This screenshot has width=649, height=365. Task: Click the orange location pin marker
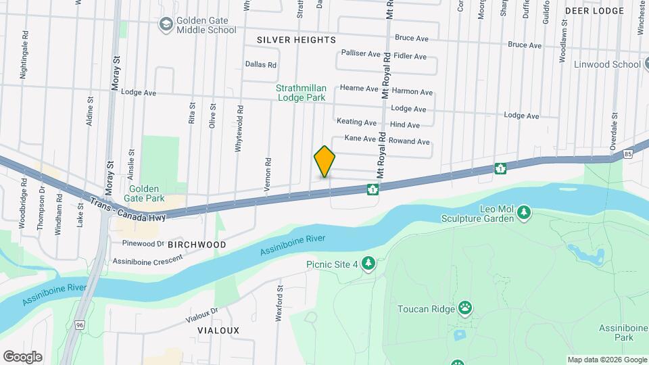point(324,162)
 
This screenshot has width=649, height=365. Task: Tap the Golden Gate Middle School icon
point(165,24)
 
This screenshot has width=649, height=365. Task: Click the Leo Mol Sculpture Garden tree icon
point(524,213)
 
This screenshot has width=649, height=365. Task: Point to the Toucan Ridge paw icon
point(465,308)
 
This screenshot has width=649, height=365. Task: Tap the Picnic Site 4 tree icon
point(368,263)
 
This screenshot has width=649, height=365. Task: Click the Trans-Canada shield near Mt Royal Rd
point(372,189)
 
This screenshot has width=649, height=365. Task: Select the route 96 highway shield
point(80,325)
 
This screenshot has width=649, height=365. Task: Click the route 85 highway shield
point(628,154)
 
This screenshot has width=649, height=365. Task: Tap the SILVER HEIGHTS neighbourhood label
point(296,41)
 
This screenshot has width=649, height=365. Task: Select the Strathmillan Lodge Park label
point(302,93)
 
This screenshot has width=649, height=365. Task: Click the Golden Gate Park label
point(143,194)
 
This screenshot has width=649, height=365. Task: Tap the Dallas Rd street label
point(261,66)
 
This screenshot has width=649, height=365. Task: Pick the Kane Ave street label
point(360,139)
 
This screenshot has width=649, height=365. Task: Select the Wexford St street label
point(279,303)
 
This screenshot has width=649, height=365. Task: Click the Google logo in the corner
point(22,357)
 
